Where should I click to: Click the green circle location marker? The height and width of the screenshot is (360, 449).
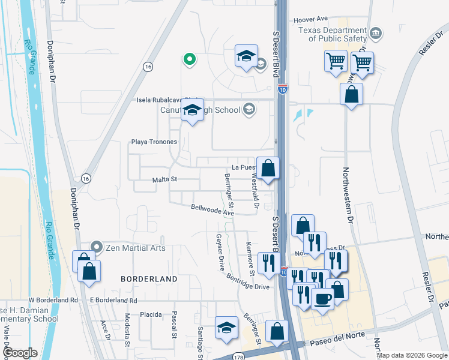pos(189,59)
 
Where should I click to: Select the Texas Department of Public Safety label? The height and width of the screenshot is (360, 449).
pos(337,34)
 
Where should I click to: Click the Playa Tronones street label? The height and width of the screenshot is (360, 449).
pos(154,142)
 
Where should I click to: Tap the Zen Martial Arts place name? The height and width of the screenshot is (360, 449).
pos(136,247)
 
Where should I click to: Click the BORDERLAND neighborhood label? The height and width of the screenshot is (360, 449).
pos(149,279)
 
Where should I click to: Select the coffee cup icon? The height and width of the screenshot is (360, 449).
pos(322,299)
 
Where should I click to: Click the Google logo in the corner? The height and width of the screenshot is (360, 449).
pos(20,353)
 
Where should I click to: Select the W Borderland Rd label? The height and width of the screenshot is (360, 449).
pos(53,299)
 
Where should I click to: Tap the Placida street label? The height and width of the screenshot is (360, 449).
pos(151,314)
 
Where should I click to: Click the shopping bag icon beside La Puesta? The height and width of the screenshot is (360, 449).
pos(268,168)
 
